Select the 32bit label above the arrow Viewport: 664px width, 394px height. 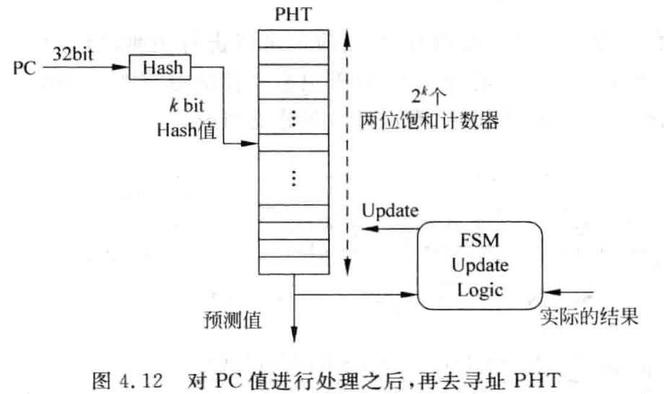[x=72, y=52]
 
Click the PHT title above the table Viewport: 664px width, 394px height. [x=294, y=14]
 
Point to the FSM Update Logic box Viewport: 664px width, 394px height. [x=480, y=265]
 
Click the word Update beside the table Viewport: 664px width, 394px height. [x=390, y=211]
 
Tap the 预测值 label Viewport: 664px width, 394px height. [x=232, y=318]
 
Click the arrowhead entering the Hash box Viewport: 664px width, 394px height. [x=124, y=68]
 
